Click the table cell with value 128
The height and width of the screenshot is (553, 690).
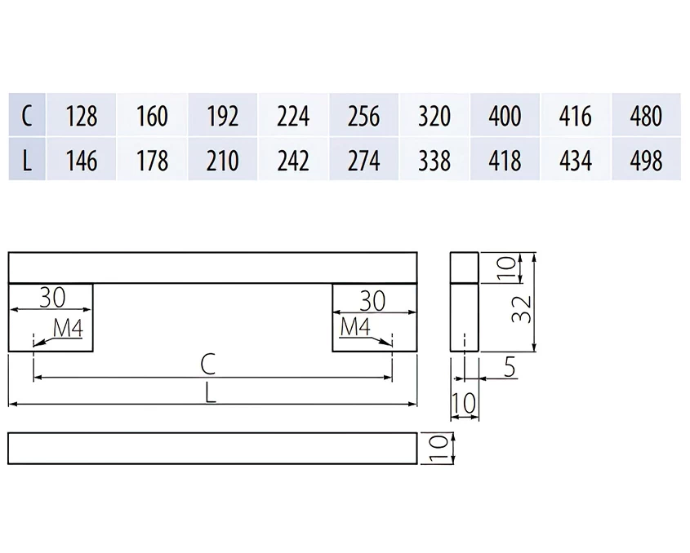[x=82, y=115]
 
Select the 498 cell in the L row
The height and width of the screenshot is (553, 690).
[x=646, y=160]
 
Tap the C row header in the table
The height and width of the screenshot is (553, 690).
[x=27, y=115]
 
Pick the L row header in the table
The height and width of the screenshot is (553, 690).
[x=27, y=160]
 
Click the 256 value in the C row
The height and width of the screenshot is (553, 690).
[x=363, y=115]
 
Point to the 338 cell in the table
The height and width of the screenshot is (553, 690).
[x=434, y=160]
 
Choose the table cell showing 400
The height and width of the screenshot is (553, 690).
[x=505, y=115]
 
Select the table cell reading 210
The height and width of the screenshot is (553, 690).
[x=223, y=160]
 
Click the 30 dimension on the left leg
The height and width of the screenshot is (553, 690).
[x=52, y=297]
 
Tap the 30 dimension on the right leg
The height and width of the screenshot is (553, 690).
[x=372, y=300]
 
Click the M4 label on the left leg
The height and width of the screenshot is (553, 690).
[x=68, y=328]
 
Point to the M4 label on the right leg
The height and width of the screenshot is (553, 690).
[x=355, y=326]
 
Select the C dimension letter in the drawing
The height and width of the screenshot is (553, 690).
[x=208, y=364]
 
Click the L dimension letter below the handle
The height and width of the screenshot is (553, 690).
[x=211, y=392]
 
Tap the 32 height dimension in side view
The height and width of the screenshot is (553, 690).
[x=522, y=309]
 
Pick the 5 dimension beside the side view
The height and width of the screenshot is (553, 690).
[x=510, y=367]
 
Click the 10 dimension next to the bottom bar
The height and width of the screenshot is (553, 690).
[x=438, y=448]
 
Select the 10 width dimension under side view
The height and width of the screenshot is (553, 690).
[x=464, y=403]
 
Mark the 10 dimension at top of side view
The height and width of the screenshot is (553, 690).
[x=506, y=268]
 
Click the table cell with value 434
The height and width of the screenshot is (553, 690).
[x=576, y=160]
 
